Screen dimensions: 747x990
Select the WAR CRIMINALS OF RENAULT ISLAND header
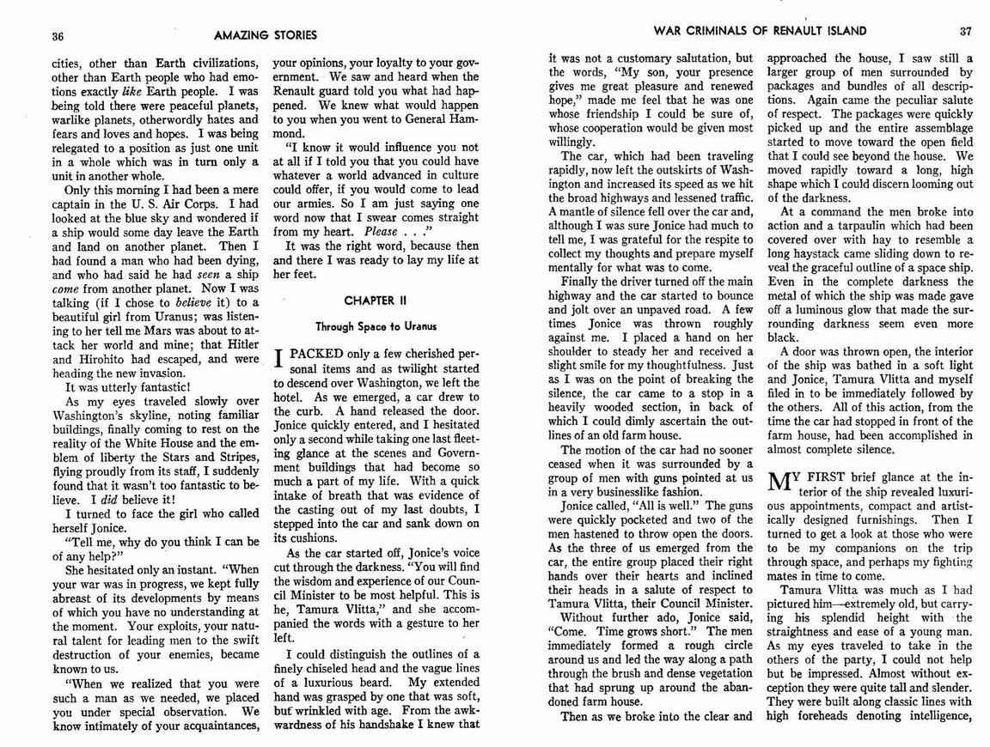[760, 32]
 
